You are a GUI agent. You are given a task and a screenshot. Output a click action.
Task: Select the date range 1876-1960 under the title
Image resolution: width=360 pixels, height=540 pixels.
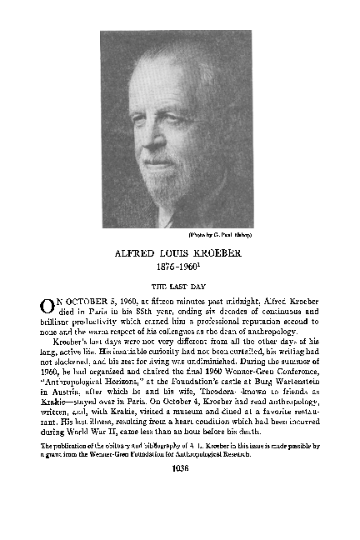(179, 270)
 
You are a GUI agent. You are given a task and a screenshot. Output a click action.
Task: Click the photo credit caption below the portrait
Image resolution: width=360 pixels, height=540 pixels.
(219, 234)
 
